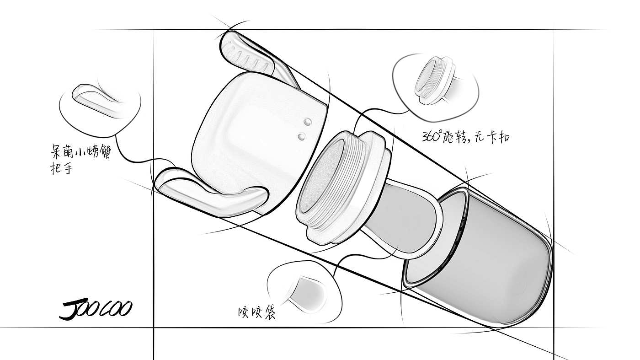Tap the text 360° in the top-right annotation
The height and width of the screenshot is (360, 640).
(432, 136)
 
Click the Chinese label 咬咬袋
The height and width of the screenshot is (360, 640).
(257, 312)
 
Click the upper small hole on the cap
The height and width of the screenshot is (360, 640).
(307, 121)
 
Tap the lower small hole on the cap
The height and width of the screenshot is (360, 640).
(301, 136)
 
